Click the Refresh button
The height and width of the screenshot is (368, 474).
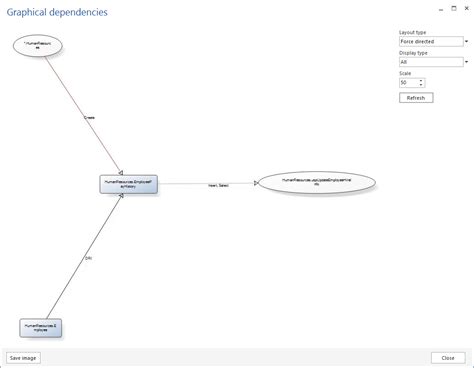click(x=415, y=98)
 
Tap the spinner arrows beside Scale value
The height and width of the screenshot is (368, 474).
click(x=422, y=82)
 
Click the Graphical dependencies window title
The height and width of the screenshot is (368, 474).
click(x=58, y=12)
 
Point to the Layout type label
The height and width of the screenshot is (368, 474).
click(x=412, y=32)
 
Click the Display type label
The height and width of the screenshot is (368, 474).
click(x=413, y=52)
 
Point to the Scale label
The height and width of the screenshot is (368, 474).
click(x=404, y=72)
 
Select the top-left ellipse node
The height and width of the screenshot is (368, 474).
click(x=39, y=45)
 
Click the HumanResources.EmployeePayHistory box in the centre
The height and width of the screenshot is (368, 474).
click(x=128, y=184)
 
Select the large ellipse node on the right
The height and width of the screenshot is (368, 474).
click(x=316, y=183)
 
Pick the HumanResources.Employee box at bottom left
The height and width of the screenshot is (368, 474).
click(x=42, y=327)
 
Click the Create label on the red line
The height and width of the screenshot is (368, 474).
click(x=89, y=117)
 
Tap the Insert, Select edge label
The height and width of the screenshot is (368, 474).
click(x=218, y=186)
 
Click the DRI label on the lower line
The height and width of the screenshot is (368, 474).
click(x=88, y=258)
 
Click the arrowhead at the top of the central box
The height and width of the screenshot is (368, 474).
click(x=121, y=171)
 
